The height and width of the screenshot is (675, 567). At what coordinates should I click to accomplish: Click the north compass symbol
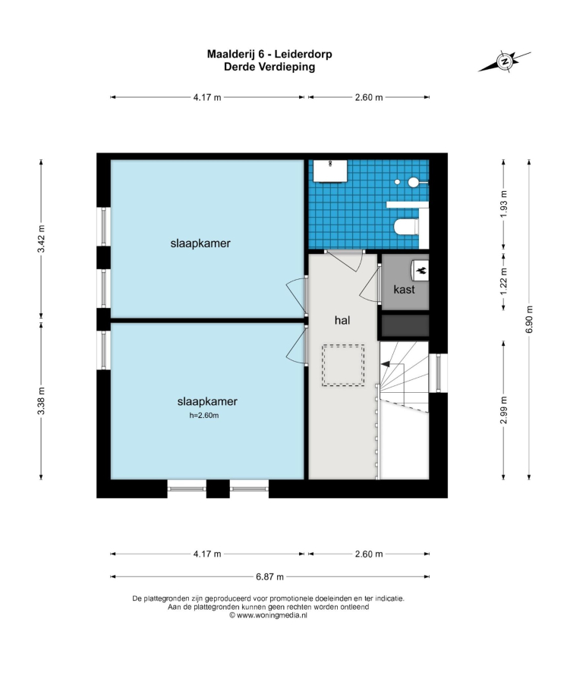pyautogui.click(x=504, y=61)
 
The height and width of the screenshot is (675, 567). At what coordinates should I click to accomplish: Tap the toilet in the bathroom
pyautogui.click(x=406, y=227)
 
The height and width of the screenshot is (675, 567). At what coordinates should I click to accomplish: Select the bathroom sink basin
pyautogui.click(x=330, y=171)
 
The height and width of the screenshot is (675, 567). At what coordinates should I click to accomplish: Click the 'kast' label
pyautogui.click(x=404, y=289)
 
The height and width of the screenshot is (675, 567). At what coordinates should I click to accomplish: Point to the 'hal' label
pyautogui.click(x=342, y=320)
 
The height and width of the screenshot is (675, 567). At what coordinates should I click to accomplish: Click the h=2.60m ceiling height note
pyautogui.click(x=204, y=416)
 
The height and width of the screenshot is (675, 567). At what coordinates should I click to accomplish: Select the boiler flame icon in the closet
pyautogui.click(x=422, y=270)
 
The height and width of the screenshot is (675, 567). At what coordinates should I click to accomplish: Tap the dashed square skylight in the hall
pyautogui.click(x=343, y=365)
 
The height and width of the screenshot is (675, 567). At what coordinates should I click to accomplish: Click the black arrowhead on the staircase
pyautogui.click(x=385, y=364)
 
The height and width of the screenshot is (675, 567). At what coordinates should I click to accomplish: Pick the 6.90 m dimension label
pyautogui.click(x=530, y=319)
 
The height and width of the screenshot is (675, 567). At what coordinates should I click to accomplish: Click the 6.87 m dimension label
pyautogui.click(x=269, y=577)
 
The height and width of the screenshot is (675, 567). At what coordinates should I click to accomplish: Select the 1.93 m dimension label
pyautogui.click(x=504, y=204)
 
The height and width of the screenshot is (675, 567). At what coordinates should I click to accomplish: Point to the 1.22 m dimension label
pyautogui.click(x=504, y=281)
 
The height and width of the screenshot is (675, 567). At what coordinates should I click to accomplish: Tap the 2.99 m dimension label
pyautogui.click(x=504, y=410)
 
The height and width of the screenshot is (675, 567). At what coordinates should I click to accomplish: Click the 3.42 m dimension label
pyautogui.click(x=41, y=239)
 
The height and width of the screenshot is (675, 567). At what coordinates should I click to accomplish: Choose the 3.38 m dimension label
pyautogui.click(x=41, y=400)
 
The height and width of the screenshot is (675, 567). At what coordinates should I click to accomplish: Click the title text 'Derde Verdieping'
pyautogui.click(x=269, y=67)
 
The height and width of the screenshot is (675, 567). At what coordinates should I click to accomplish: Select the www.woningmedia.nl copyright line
pyautogui.click(x=268, y=616)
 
